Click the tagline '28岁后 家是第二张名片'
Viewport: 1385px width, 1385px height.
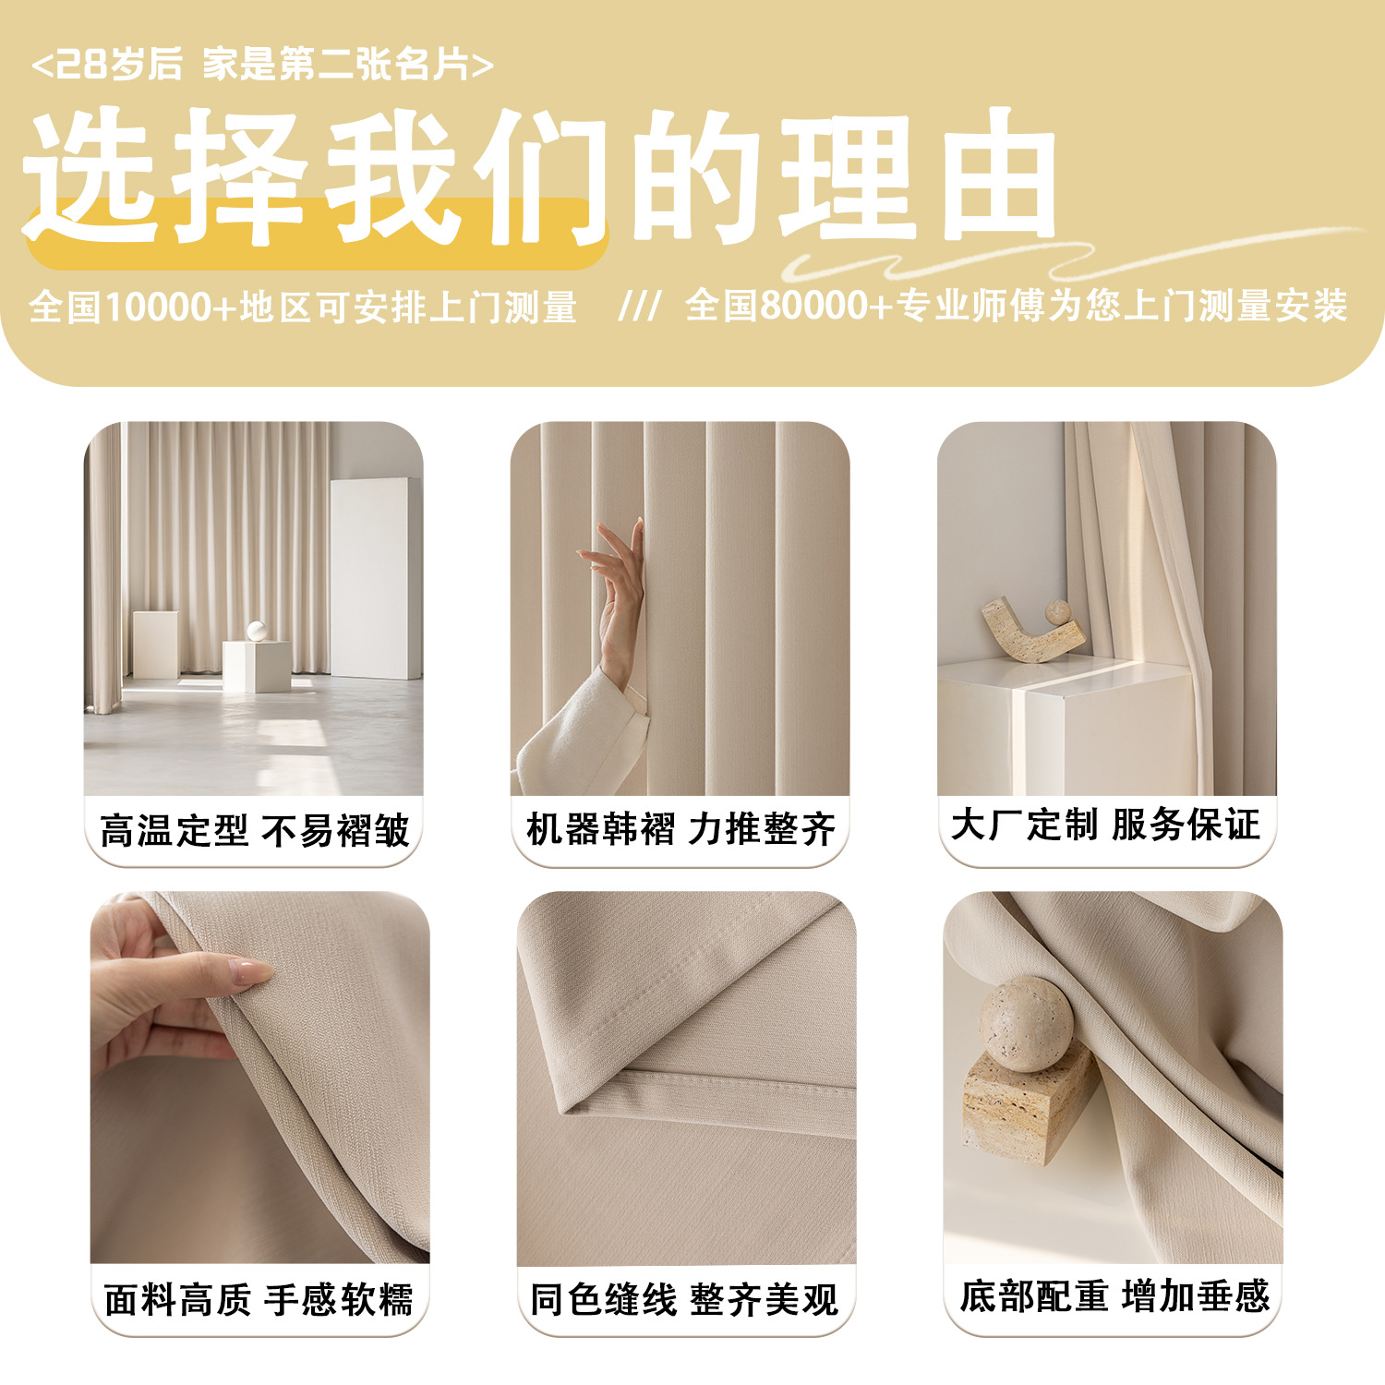(x=262, y=65)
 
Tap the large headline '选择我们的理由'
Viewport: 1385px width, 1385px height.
(x=539, y=175)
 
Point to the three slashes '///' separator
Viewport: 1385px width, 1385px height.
(x=639, y=307)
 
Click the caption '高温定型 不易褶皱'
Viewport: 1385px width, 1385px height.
(x=254, y=830)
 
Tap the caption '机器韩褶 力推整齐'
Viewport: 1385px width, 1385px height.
(x=680, y=828)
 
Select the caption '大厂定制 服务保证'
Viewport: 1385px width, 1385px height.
(x=1105, y=824)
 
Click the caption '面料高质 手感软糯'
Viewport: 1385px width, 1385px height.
(x=259, y=1299)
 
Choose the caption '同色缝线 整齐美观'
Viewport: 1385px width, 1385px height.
(x=684, y=1299)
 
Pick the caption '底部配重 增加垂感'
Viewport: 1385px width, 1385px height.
(x=1114, y=1296)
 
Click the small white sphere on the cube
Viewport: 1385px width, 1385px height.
(x=257, y=631)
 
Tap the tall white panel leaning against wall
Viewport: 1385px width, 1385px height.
(x=374, y=577)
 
